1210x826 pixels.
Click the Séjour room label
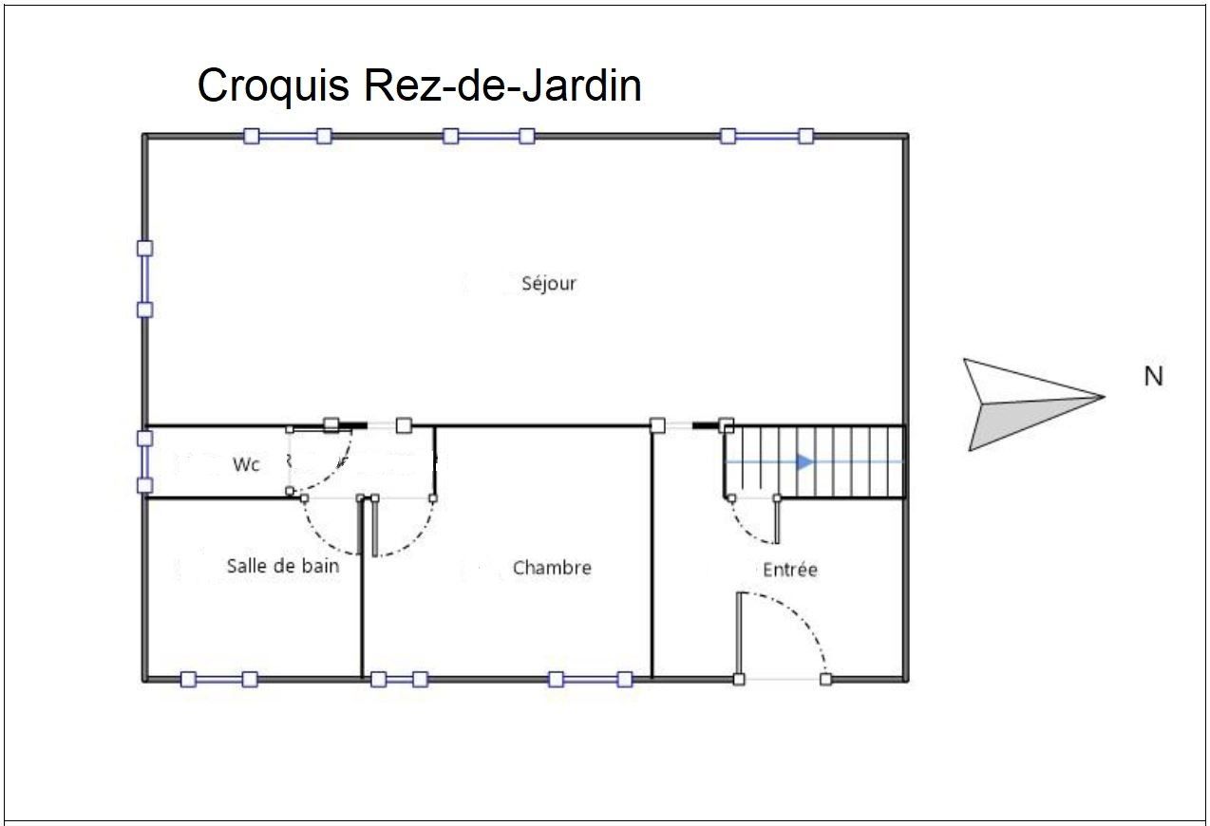(549, 284)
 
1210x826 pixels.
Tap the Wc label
(246, 464)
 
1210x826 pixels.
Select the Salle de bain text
(283, 566)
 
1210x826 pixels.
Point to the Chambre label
(552, 568)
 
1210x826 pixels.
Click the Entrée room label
(790, 569)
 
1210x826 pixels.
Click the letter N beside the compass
(1153, 376)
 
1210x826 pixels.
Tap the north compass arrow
(1033, 404)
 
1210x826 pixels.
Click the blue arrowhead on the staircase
(804, 462)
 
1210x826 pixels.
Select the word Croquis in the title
(274, 86)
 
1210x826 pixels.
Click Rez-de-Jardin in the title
(503, 85)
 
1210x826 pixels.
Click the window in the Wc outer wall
(144, 462)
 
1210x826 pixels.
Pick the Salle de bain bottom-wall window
(218, 679)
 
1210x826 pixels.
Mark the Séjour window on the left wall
(144, 279)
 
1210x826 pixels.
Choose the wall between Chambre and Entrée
(652, 553)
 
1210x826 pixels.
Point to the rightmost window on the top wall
(767, 136)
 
